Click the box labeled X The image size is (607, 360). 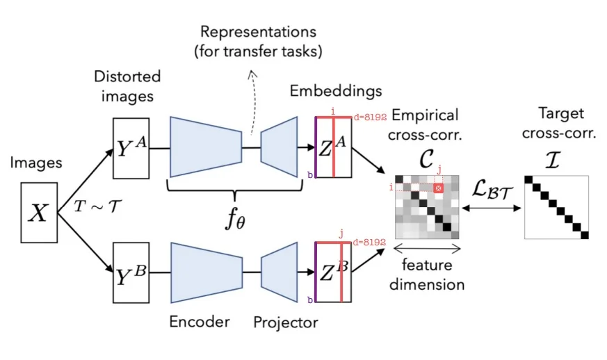tap(38, 212)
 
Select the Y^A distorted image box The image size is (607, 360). tap(131, 148)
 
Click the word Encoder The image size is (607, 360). tap(199, 321)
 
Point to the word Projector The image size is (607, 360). tap(285, 322)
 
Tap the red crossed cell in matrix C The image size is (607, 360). tap(438, 188)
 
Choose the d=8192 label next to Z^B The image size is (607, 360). tap(369, 242)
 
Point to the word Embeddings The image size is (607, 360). tap(336, 91)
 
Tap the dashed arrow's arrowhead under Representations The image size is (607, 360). tap(252, 72)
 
